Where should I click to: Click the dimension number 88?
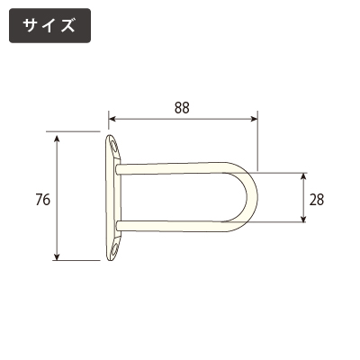(x=182, y=108)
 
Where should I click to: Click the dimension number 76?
(x=43, y=200)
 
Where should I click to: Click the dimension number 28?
(x=317, y=200)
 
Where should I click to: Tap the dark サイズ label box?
(x=49, y=25)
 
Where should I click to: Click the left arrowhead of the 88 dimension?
(x=112, y=119)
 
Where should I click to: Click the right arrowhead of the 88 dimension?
(x=254, y=119)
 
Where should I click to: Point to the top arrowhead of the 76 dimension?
(x=57, y=139)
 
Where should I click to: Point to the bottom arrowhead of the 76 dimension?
(x=57, y=256)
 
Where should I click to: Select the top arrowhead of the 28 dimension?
(x=303, y=177)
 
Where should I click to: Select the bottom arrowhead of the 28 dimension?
(x=303, y=218)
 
